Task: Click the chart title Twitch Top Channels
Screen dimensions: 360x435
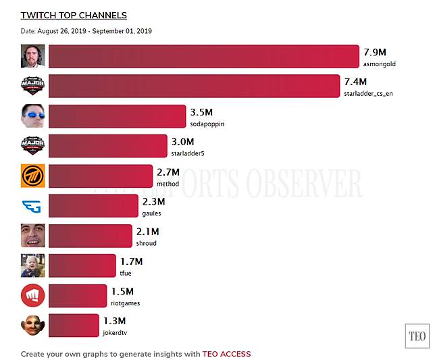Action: (74, 15)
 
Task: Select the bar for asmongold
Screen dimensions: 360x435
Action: (203, 57)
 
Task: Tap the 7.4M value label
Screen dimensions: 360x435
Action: (355, 81)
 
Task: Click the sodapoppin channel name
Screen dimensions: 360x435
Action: (207, 124)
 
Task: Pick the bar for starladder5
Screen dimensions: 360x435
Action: (108, 146)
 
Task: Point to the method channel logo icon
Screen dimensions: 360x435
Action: (32, 176)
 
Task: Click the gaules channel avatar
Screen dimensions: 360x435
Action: (32, 205)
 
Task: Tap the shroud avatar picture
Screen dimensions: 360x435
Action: (32, 236)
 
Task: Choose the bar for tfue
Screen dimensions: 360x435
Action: (82, 265)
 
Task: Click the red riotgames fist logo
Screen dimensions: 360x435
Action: (32, 296)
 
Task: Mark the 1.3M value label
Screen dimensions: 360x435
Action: (114, 321)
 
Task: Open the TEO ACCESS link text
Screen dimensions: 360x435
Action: (226, 354)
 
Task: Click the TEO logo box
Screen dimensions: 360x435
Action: (416, 336)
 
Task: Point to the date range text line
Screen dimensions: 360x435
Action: (86, 31)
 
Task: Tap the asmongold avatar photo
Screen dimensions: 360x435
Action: (32, 56)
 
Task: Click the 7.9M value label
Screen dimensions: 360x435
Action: (374, 51)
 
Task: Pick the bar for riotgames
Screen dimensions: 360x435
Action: (78, 296)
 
